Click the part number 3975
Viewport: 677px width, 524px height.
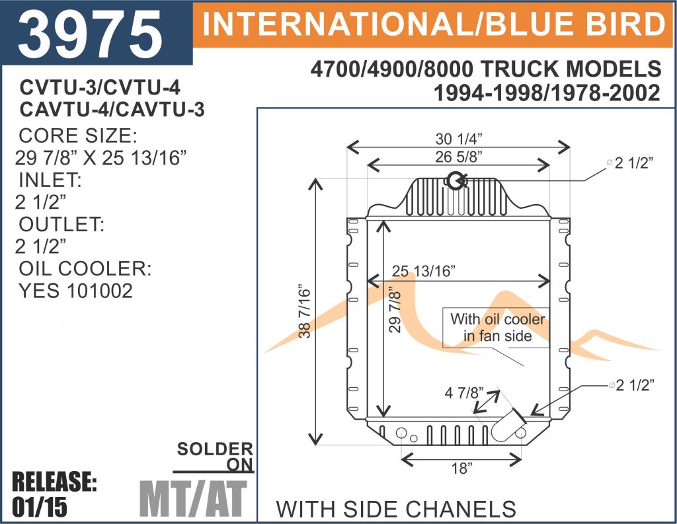coord(90,34)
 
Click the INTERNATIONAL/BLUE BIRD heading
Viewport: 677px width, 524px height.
coord(434,24)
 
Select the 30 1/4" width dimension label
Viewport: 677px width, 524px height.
coord(459,139)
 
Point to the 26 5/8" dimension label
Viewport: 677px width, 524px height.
coord(459,157)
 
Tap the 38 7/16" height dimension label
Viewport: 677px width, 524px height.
coord(305,311)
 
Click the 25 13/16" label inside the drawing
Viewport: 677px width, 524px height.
coord(424,271)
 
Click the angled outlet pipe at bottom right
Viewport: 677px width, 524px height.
coord(507,425)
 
